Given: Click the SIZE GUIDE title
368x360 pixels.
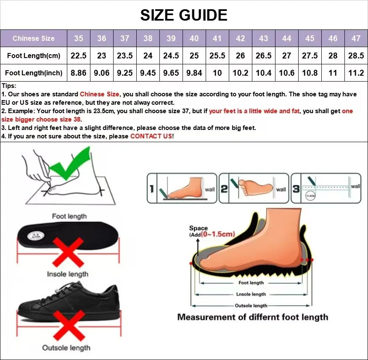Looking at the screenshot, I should pyautogui.click(x=184, y=15).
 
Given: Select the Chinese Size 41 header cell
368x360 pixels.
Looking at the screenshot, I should pyautogui.click(x=217, y=38).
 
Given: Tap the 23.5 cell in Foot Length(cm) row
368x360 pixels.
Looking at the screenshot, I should pyautogui.click(x=124, y=56).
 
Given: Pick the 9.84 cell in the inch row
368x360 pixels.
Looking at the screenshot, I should pyautogui.click(x=194, y=73).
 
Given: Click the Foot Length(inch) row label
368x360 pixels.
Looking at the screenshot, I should pyautogui.click(x=34, y=73).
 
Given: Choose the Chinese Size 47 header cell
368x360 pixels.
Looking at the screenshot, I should pyautogui.click(x=356, y=38).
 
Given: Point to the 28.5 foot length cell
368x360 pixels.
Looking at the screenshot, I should pyautogui.click(x=356, y=56).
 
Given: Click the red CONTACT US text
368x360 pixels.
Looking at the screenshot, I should pyautogui.click(x=151, y=136).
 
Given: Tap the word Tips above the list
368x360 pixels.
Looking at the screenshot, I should pyautogui.click(x=9, y=86).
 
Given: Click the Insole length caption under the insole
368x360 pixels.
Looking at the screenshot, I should pyautogui.click(x=68, y=274).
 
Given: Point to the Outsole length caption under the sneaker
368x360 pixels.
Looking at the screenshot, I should pyautogui.click(x=66, y=347).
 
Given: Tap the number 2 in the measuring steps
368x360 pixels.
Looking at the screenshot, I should pyautogui.click(x=224, y=189).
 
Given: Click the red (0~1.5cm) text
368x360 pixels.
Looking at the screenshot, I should pyautogui.click(x=217, y=235).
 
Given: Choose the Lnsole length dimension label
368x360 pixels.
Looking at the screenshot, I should pyautogui.click(x=251, y=294).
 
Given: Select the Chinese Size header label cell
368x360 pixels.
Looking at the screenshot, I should pyautogui.click(x=34, y=38).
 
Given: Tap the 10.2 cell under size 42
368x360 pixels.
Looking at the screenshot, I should pyautogui.click(x=240, y=73).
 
